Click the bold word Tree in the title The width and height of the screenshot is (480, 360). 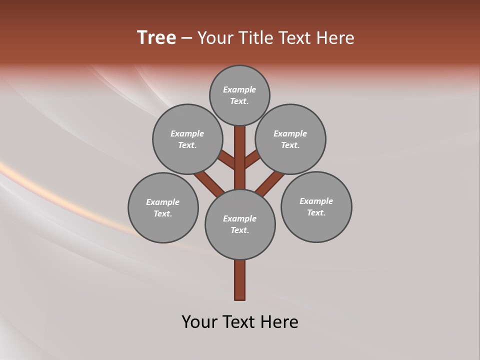pyautogui.click(x=156, y=37)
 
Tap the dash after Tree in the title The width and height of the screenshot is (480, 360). pyautogui.click(x=186, y=38)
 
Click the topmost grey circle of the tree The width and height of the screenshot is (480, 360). pyautogui.click(x=239, y=95)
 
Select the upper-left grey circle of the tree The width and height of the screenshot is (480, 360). pyautogui.click(x=187, y=139)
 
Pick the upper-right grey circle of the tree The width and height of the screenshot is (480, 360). pyautogui.click(x=290, y=139)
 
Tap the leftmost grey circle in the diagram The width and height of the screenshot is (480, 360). pyautogui.click(x=163, y=207)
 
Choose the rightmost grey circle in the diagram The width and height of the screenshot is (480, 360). pyautogui.click(x=316, y=206)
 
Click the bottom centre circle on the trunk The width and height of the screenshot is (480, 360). pyautogui.click(x=240, y=224)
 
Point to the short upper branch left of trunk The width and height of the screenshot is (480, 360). pyautogui.click(x=227, y=160)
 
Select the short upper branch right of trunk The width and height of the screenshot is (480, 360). pyautogui.click(x=252, y=159)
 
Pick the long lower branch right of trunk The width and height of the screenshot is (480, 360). pyautogui.click(x=270, y=182)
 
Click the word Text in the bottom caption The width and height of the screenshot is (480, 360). pyautogui.click(x=243, y=321)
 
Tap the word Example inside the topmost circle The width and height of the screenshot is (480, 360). pyautogui.click(x=239, y=89)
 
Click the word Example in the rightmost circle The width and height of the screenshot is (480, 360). pyautogui.click(x=316, y=201)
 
